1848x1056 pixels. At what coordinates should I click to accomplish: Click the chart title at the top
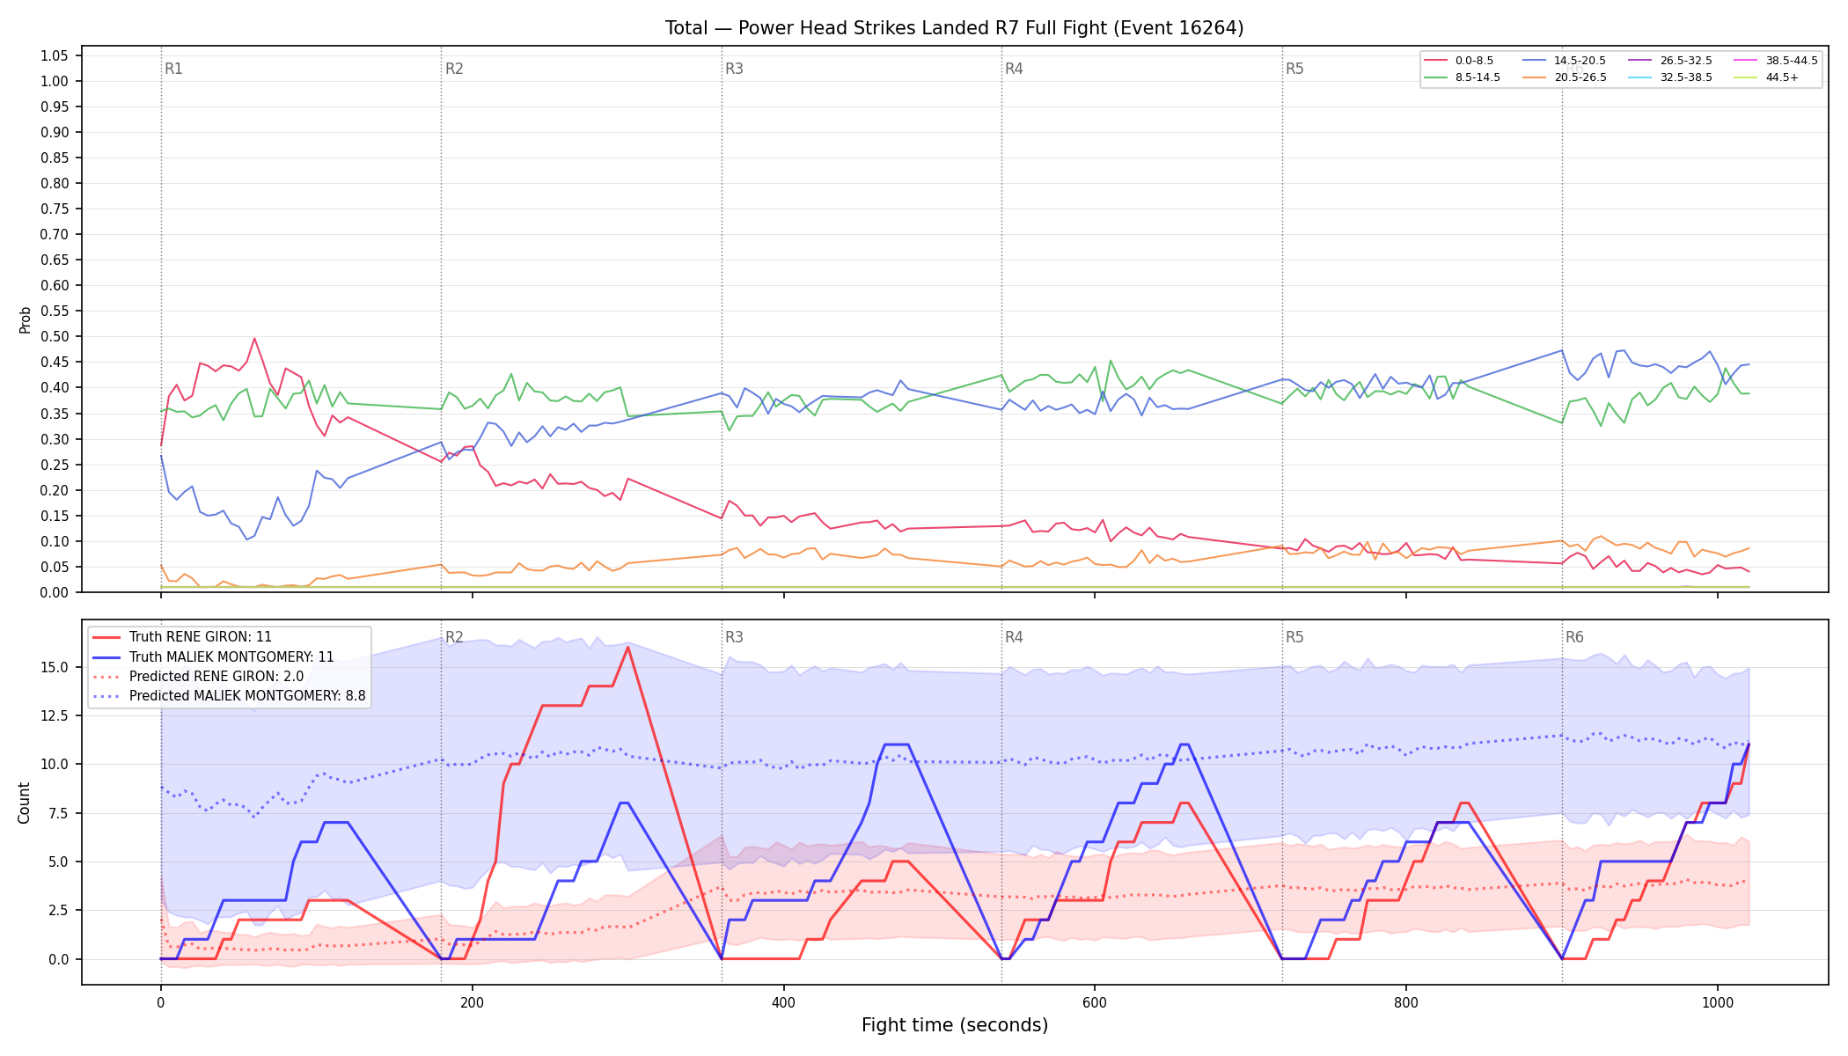pyautogui.click(x=954, y=28)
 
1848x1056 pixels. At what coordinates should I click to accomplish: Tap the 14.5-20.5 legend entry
pyautogui.click(x=1564, y=61)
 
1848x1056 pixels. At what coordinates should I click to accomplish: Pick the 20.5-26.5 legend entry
pyautogui.click(x=1564, y=77)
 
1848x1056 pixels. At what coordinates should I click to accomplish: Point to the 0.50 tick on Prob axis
pyautogui.click(x=54, y=337)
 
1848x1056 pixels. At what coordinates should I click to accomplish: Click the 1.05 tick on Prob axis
pyautogui.click(x=54, y=56)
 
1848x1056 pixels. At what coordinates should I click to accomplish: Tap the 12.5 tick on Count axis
pyautogui.click(x=54, y=716)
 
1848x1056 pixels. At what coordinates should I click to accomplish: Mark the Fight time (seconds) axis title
pyautogui.click(x=955, y=1025)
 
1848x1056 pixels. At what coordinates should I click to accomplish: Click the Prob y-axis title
pyautogui.click(x=26, y=319)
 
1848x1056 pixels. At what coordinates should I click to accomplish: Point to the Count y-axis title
pyautogui.click(x=24, y=803)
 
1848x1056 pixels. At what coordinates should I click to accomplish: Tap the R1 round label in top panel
pyautogui.click(x=173, y=69)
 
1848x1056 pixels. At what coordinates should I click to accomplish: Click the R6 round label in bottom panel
pyautogui.click(x=1574, y=637)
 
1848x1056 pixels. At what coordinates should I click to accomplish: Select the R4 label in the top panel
pyautogui.click(x=1014, y=69)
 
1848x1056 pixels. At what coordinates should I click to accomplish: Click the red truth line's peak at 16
pyautogui.click(x=627, y=648)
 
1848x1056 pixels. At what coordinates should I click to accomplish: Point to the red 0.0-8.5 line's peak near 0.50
pyautogui.click(x=254, y=338)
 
